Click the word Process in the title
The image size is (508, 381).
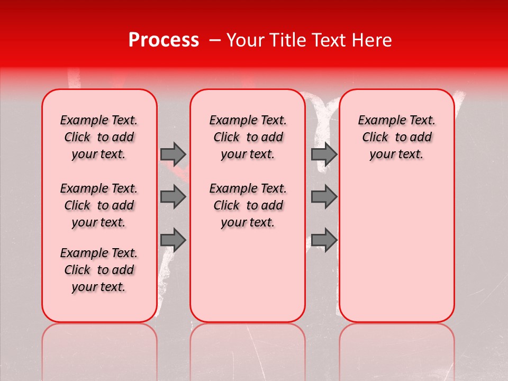click(x=163, y=40)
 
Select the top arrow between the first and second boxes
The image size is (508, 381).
click(x=173, y=154)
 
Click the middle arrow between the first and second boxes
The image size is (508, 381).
click(x=173, y=197)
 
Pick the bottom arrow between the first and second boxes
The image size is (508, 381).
click(x=173, y=240)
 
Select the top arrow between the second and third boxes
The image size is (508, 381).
click(x=324, y=154)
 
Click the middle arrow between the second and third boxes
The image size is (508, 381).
click(x=324, y=197)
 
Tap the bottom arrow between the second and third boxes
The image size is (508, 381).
click(x=324, y=240)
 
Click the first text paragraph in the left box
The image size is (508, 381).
click(x=99, y=137)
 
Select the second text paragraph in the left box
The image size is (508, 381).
click(x=99, y=205)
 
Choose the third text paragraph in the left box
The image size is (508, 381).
click(x=99, y=270)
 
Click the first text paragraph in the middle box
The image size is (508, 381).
click(x=248, y=137)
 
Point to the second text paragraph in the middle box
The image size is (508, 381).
click(x=248, y=205)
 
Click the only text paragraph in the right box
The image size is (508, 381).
click(x=396, y=137)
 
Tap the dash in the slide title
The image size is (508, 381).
click(x=215, y=40)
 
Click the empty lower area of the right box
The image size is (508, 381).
click(x=396, y=249)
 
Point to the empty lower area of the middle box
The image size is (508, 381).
click(x=248, y=275)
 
